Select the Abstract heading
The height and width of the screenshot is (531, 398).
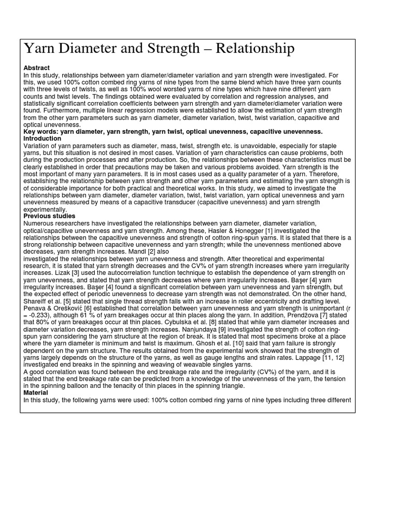[x=37, y=68]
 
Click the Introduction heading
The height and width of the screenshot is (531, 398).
[x=42, y=139]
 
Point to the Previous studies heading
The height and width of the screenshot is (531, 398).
[x=50, y=216]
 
